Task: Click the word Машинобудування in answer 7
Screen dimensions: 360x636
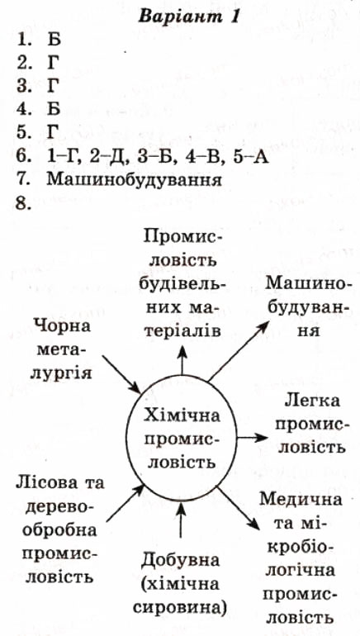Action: [135, 180]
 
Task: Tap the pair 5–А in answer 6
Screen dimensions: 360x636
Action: [251, 158]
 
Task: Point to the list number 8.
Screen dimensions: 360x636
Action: [24, 202]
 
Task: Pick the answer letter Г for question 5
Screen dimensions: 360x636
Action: [52, 132]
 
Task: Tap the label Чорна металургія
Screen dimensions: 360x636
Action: [62, 349]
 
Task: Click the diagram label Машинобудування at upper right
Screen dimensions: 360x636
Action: [306, 306]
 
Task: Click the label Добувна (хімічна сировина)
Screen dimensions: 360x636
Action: [180, 584]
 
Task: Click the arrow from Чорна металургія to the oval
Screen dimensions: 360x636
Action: [121, 374]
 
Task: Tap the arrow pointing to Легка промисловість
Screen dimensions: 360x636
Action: [252, 437]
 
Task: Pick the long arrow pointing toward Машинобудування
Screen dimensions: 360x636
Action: [239, 349]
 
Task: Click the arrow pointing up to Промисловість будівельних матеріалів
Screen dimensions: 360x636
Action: [182, 360]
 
